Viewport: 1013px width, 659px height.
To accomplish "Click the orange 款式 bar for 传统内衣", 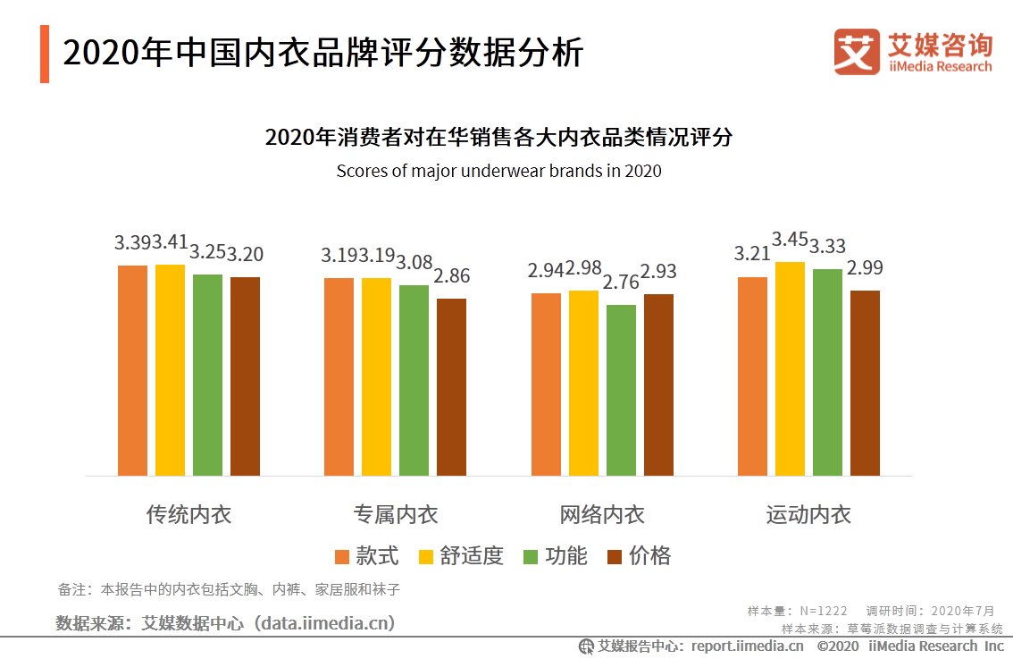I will [132, 370].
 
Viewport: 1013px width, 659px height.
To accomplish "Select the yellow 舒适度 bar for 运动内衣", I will [790, 368].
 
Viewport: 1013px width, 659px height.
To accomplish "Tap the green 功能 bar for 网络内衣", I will [621, 390].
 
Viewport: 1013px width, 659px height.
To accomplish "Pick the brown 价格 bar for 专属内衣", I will [451, 386].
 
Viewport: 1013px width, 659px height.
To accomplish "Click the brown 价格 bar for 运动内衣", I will [865, 383].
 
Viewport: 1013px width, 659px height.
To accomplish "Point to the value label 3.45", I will [790, 240].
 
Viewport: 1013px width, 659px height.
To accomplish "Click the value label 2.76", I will [621, 283].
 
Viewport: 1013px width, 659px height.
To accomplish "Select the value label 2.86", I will [451, 276].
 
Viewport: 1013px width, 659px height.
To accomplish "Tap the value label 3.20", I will [245, 255].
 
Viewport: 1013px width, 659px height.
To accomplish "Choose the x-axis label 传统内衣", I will [188, 515].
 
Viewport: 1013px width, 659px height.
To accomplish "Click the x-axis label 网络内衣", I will [602, 515].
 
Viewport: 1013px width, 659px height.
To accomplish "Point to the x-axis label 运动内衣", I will [808, 515].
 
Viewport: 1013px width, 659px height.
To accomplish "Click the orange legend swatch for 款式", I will [342, 557].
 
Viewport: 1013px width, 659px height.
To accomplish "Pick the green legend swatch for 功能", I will [531, 557].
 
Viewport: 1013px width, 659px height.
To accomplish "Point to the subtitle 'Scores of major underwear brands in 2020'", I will [498, 170].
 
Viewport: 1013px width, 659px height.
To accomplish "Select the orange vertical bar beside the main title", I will [45, 55].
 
